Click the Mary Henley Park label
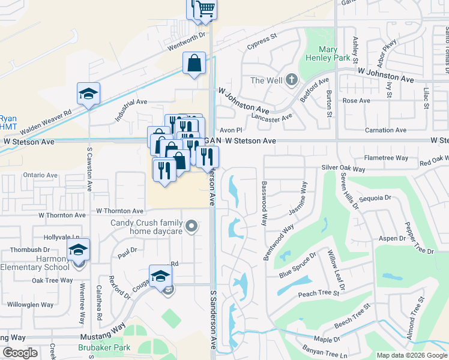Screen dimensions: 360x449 (x=328, y=54)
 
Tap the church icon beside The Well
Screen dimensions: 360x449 (x=291, y=80)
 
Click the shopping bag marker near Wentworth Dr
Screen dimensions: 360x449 (x=194, y=63)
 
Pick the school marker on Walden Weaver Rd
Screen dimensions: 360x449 (x=88, y=94)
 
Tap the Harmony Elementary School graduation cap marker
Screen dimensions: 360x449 (x=78, y=250)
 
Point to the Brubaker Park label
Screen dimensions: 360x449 (x=104, y=347)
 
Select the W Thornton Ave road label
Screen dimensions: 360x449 (x=120, y=211)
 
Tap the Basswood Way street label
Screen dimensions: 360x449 (x=263, y=203)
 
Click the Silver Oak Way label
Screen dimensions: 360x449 (x=343, y=169)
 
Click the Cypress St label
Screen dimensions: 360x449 (x=261, y=41)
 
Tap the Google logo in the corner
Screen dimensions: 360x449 (x=20, y=353)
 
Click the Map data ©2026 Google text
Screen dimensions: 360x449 (x=411, y=355)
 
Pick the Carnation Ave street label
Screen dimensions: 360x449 (x=385, y=130)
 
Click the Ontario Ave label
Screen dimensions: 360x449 (x=40, y=175)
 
